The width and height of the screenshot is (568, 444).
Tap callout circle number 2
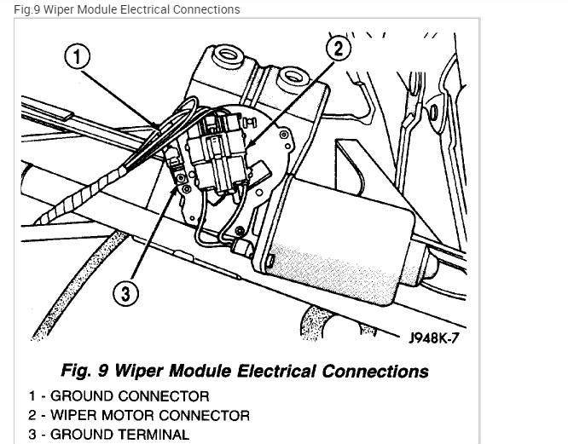pos(338,49)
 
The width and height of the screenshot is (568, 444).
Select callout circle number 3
pos(125,294)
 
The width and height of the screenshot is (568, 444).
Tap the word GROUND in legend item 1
pos(84,396)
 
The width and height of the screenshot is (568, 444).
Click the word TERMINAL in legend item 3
pos(154,435)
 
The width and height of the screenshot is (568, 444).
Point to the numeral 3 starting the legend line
pos(32,435)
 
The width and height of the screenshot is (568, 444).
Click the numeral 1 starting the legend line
pos(32,396)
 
